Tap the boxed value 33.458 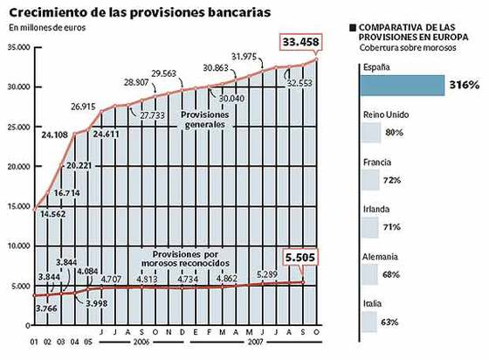(300, 42)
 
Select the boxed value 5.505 (300, 258)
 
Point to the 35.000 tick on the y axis (18, 47)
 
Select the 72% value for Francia (391, 179)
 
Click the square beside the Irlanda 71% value (369, 226)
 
